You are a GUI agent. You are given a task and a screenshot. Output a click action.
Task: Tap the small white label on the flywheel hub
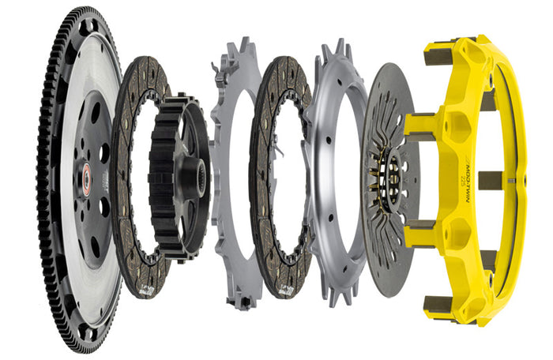tap(102, 181)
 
